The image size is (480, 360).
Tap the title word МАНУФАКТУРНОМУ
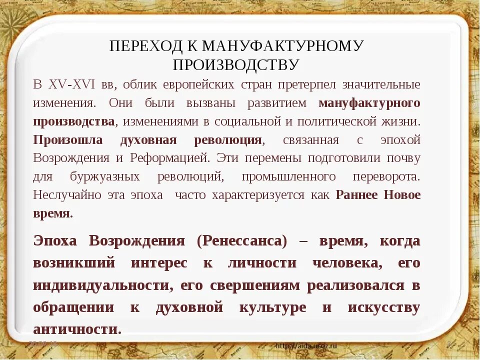click(282, 46)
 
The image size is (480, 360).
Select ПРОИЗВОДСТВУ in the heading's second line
click(236, 64)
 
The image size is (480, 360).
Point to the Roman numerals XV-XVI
click(73, 84)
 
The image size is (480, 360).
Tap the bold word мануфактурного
click(369, 103)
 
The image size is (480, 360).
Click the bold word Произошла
click(68, 140)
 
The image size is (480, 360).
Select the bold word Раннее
click(356, 195)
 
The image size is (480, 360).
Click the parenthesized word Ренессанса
click(242, 241)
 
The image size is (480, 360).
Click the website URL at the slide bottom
click(306, 345)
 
